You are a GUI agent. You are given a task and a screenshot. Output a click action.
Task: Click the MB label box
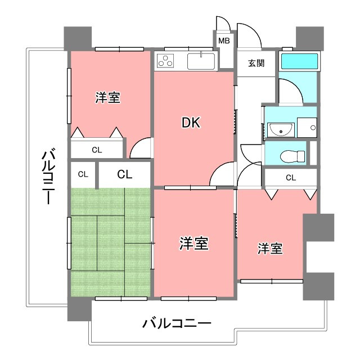tap(224, 40)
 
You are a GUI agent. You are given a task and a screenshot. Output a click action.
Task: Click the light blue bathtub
tap(299, 61)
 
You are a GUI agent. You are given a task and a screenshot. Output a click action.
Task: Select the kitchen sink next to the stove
tap(200, 60)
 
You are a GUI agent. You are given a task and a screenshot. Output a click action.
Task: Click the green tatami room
tap(110, 242)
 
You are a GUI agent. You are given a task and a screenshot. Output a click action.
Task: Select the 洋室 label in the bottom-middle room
tap(194, 244)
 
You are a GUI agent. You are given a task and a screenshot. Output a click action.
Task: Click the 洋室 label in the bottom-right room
tap(271, 248)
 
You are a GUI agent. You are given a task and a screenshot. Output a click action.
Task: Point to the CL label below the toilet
tap(290, 178)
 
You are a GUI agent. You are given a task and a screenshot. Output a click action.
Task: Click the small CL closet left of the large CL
tap(83, 174)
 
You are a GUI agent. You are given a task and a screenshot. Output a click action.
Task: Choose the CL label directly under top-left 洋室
tap(97, 150)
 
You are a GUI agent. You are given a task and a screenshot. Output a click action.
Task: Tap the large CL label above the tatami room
tap(124, 174)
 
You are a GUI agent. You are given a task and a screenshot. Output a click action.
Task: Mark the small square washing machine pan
tap(307, 128)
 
